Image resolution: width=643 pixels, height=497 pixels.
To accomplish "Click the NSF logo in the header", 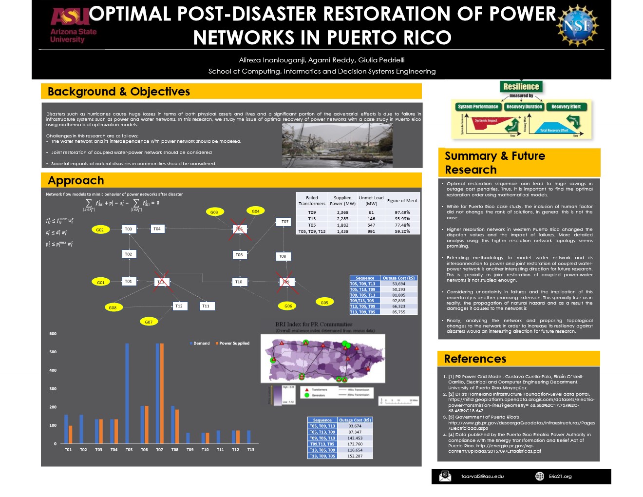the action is coord(578,25).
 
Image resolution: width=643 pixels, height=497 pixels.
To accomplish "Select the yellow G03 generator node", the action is coord(214,212).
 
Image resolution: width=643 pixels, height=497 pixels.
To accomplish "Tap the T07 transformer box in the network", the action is coord(285,222).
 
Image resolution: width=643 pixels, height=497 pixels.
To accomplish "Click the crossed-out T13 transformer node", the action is coord(161,282).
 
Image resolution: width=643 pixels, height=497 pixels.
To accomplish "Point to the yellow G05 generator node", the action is coord(324,303).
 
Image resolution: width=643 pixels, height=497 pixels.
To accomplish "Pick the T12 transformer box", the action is coord(179,306).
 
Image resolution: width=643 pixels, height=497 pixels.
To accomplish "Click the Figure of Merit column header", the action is coord(402,201).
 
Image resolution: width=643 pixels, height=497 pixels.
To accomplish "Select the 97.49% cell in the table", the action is coord(402,212).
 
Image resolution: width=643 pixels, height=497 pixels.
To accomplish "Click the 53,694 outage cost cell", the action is coord(398,284).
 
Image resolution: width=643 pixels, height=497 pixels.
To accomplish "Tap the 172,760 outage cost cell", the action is coord(355,444).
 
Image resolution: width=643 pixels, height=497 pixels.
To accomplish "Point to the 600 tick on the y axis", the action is coord(53,334).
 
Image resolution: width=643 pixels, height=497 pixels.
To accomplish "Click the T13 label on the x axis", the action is coord(250,450).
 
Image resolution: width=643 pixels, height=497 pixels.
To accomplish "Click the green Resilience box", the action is coord(521,87).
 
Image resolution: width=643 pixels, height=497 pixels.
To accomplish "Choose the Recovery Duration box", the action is coord(524,107).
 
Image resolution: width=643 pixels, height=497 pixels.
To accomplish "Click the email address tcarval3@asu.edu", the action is coord(482,477).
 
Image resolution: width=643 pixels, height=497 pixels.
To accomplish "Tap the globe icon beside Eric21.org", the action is coord(540,476).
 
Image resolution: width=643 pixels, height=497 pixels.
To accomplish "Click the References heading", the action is coord(475,359).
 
